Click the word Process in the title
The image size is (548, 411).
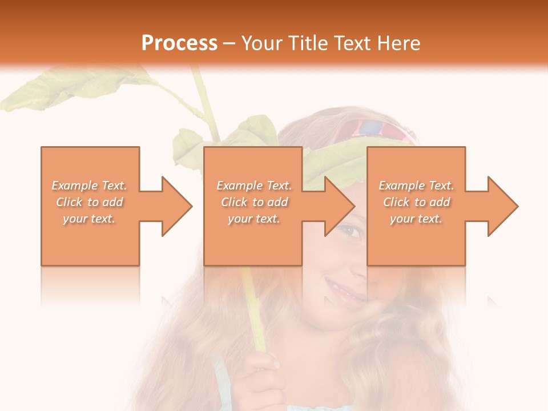click(179, 43)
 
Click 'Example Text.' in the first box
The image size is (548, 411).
click(90, 186)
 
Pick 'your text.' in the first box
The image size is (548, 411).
click(89, 219)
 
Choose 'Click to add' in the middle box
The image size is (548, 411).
click(254, 202)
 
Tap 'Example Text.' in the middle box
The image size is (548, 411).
click(254, 186)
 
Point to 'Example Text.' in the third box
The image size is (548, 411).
click(416, 186)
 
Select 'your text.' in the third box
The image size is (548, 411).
click(416, 219)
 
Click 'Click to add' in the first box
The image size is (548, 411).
click(90, 202)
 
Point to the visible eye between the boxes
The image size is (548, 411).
click(349, 231)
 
